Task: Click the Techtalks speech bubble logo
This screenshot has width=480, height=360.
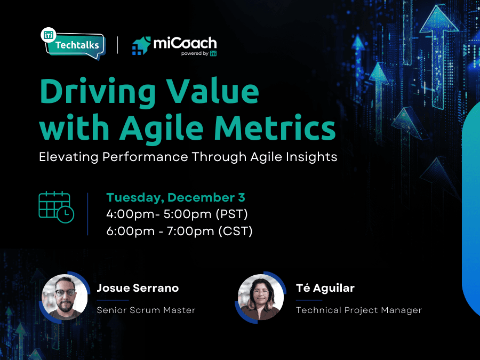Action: click(74, 44)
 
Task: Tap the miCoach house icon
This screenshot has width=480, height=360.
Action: click(141, 46)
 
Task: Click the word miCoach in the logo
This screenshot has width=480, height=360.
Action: click(185, 43)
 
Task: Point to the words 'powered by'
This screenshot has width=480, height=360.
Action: click(194, 53)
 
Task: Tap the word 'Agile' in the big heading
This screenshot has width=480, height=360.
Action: click(161, 127)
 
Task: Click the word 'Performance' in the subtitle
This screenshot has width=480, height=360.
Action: click(145, 157)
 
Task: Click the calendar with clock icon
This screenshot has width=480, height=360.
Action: click(57, 207)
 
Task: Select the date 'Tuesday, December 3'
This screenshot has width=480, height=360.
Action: click(175, 197)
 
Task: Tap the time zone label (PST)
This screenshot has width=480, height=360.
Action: click(232, 214)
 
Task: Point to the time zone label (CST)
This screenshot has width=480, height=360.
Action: click(235, 231)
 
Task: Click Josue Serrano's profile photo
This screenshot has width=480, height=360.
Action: click(65, 297)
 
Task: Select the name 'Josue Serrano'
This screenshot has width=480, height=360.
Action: click(138, 288)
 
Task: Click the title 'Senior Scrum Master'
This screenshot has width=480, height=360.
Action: click(146, 310)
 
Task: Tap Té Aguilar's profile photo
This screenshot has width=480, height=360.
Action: click(260, 297)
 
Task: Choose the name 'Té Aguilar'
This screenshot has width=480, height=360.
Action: click(325, 288)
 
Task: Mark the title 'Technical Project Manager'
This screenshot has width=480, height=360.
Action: click(359, 310)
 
